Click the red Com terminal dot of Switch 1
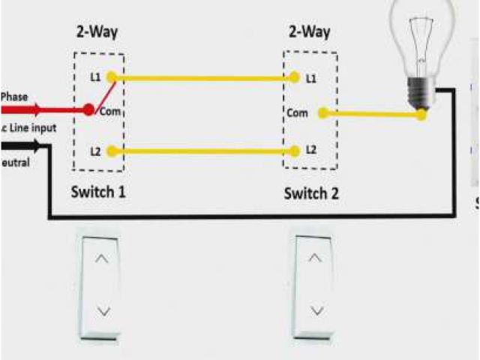pyautogui.click(x=88, y=110)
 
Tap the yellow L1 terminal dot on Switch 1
pyautogui.click(x=112, y=76)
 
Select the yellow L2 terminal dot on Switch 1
pyautogui.click(x=112, y=151)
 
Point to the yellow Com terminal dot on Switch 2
pyautogui.click(x=322, y=113)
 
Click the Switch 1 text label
pyautogui.click(x=98, y=191)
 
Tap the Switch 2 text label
pyautogui.click(x=311, y=193)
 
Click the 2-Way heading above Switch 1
pyautogui.click(x=97, y=31)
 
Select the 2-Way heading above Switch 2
pyautogui.click(x=310, y=31)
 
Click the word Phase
pyautogui.click(x=14, y=97)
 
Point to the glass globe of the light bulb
pyautogui.click(x=421, y=34)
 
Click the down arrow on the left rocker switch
pyautogui.click(x=104, y=309)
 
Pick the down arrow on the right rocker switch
pyautogui.click(x=316, y=309)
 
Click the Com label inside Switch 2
pyautogui.click(x=297, y=113)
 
